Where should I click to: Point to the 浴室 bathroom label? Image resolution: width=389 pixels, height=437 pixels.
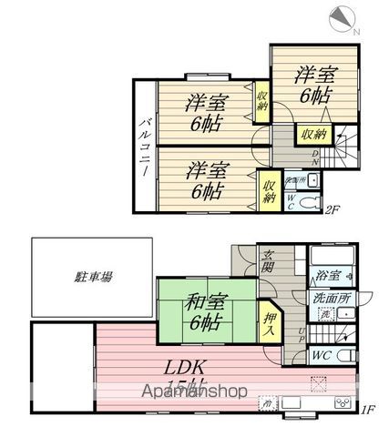click(x=328, y=274)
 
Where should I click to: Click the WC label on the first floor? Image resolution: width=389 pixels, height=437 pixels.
click(x=323, y=354)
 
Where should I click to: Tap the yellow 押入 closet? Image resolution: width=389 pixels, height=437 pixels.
click(x=271, y=324)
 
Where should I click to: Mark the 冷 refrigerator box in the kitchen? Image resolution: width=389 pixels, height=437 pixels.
click(x=266, y=401)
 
